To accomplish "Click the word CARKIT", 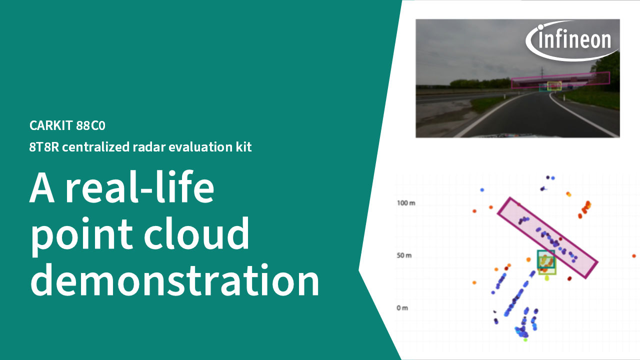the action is [x=51, y=125].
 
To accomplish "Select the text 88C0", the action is [x=91, y=125].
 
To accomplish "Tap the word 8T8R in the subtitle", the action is [x=44, y=147].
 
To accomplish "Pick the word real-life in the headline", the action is [x=139, y=187].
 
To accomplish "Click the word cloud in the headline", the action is [x=196, y=233].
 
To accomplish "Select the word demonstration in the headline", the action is [x=174, y=279].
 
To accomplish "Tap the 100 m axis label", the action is [x=406, y=203].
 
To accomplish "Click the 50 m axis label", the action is [x=404, y=255].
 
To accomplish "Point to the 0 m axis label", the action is [x=402, y=308].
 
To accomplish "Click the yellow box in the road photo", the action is [x=554, y=82].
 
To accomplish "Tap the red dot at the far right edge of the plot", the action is [x=634, y=256].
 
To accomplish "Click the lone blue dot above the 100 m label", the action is [x=482, y=189].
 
